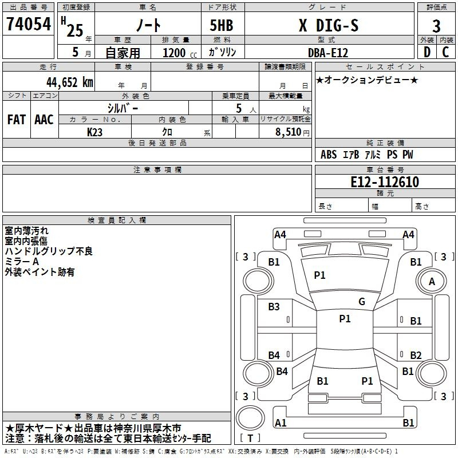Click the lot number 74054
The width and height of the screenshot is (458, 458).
click(28, 25)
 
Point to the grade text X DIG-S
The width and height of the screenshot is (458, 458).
click(329, 25)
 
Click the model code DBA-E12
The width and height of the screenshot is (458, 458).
click(327, 52)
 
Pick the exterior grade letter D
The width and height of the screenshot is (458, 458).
click(427, 52)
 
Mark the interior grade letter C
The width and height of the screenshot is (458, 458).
click(446, 52)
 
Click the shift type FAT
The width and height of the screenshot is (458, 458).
click(16, 120)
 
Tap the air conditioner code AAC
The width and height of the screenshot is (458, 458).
click(44, 120)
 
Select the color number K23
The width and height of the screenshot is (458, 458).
click(95, 132)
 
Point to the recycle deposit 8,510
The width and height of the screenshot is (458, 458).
click(288, 132)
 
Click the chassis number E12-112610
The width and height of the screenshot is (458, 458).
click(384, 183)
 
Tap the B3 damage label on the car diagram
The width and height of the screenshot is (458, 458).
click(274, 307)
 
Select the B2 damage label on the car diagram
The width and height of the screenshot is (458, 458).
click(416, 356)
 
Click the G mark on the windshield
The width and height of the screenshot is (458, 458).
click(361, 302)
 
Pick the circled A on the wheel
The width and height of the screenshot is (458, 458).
click(432, 282)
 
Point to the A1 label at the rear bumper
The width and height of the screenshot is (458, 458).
click(281, 423)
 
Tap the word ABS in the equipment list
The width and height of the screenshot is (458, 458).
click(329, 155)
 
